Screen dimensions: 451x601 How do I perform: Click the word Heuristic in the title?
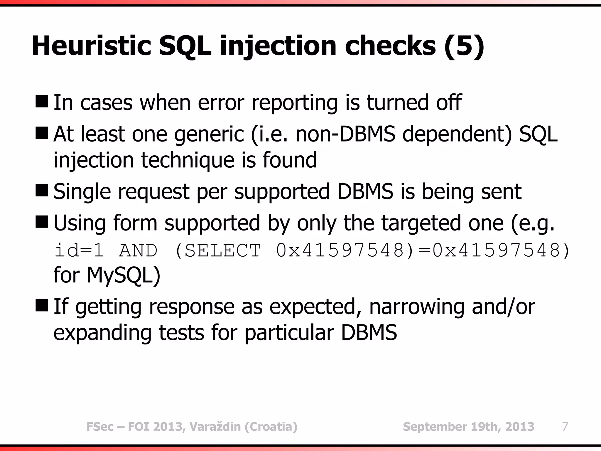point(91,46)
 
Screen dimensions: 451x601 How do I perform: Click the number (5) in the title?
point(464,46)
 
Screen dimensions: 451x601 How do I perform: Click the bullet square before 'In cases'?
point(41,102)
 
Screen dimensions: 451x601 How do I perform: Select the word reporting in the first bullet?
point(295,103)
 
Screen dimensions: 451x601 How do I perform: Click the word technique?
point(188,160)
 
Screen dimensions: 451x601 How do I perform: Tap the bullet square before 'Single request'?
point(41,191)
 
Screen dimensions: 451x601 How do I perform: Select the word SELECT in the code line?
point(223,250)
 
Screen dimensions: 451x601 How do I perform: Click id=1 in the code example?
point(79,250)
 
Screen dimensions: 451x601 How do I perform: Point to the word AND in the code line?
point(138,250)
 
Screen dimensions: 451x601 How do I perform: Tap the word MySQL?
point(123,275)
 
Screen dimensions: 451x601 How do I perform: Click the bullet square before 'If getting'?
point(41,306)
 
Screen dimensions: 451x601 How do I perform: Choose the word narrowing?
point(417,307)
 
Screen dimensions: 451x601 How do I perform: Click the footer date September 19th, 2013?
point(468,426)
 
